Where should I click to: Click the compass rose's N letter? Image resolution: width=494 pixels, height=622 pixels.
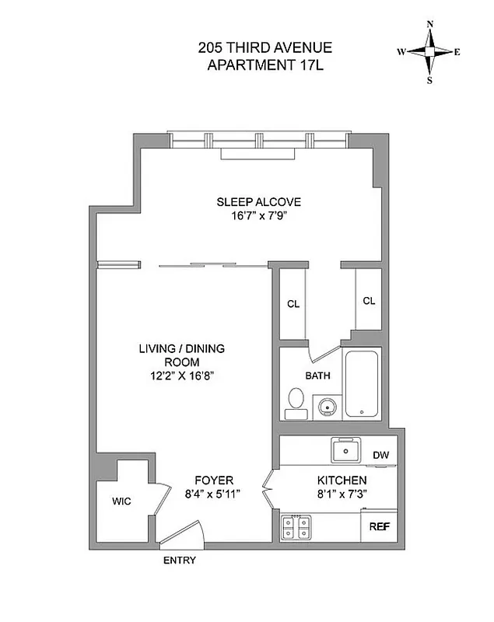[x=429, y=24]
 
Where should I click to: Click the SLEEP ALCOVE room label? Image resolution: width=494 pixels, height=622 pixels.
[x=258, y=202]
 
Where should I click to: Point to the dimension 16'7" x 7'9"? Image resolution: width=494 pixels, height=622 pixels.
[x=258, y=217]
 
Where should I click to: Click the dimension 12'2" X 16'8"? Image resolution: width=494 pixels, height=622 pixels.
[x=181, y=376]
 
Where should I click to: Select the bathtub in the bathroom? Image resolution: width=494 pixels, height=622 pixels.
[x=362, y=385]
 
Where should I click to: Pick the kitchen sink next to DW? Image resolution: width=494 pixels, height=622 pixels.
[x=345, y=450]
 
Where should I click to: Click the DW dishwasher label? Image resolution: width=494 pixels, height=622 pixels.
[x=380, y=456]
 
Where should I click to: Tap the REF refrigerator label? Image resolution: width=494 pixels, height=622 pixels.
[x=379, y=526]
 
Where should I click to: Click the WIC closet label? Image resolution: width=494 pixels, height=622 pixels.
[x=121, y=501]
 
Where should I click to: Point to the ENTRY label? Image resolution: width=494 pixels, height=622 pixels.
[x=179, y=561]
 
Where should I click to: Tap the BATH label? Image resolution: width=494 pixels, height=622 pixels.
[x=317, y=376]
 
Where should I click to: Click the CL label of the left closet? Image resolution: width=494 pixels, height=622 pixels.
[x=293, y=304]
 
